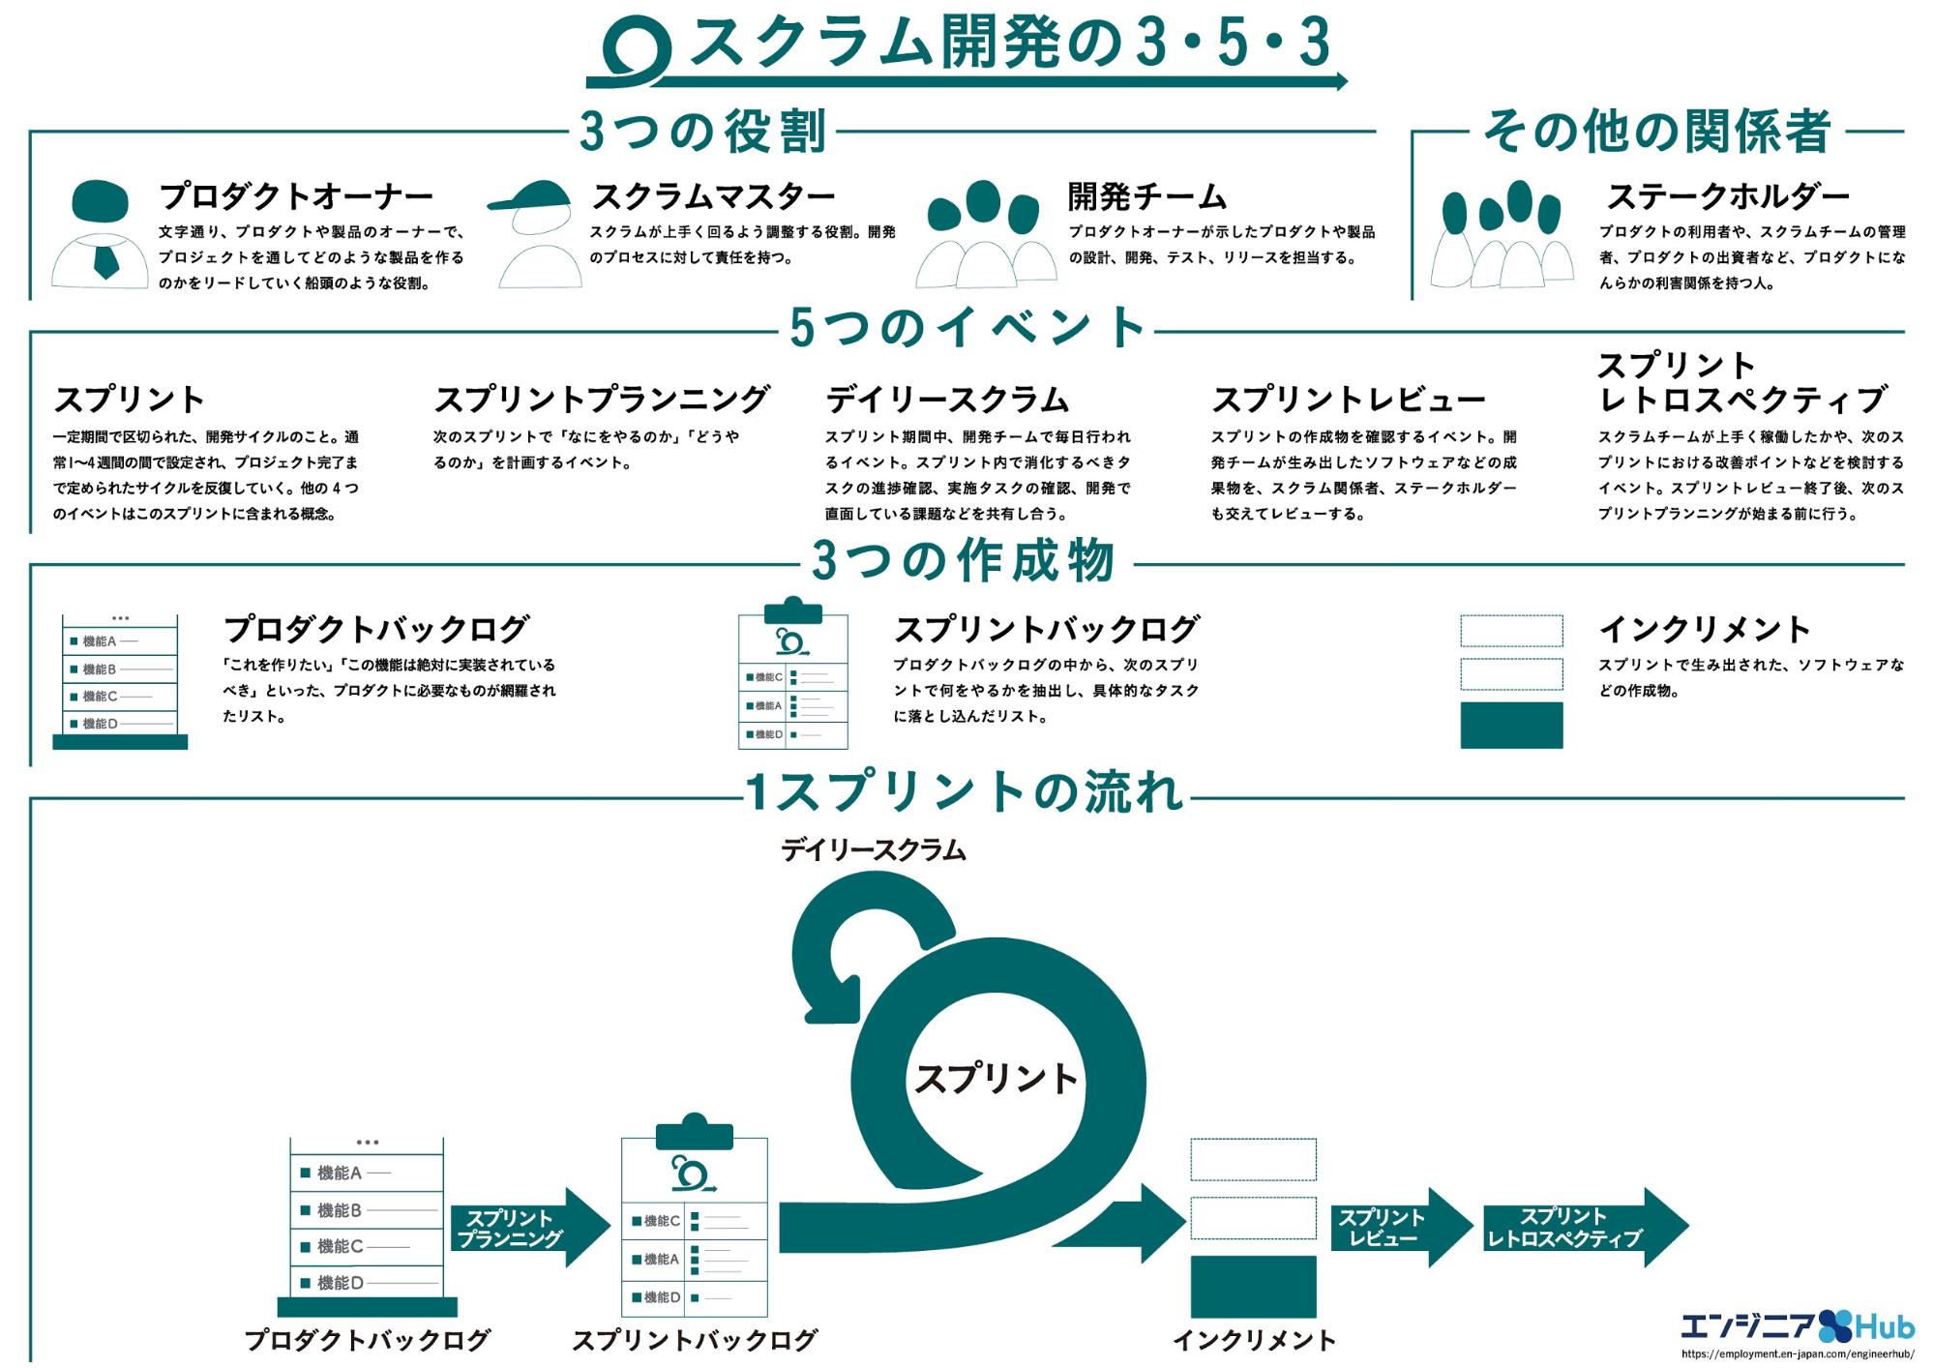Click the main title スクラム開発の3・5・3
click(1006, 44)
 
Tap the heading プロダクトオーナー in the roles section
click(296, 196)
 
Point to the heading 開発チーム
click(1146, 196)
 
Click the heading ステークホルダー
click(1727, 196)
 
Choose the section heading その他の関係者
click(1656, 132)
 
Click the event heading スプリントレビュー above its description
click(1348, 399)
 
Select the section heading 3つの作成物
click(964, 561)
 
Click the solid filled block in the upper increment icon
click(1510, 726)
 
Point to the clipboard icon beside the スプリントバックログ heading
click(792, 673)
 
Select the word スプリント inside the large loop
click(996, 1078)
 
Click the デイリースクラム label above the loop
click(873, 849)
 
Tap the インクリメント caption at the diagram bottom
click(1254, 1340)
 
